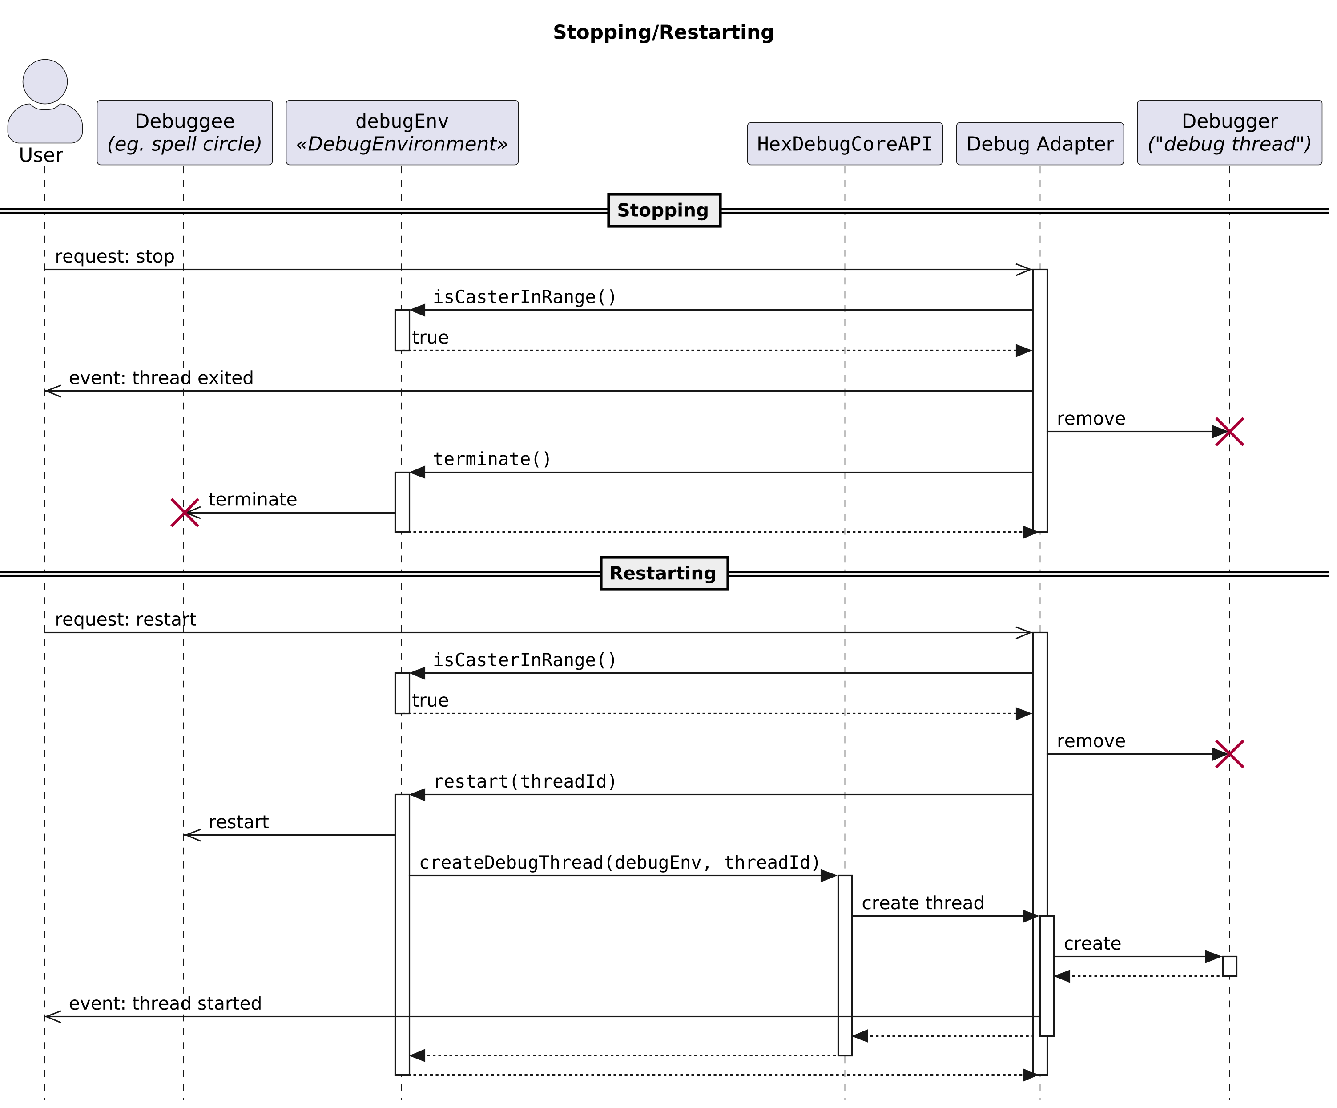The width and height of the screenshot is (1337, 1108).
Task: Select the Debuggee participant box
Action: pos(185,133)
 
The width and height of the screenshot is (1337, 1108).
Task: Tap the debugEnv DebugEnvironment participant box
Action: pos(402,133)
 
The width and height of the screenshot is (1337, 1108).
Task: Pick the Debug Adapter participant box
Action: pos(1040,144)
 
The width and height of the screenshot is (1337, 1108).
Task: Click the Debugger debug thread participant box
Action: pos(1229,133)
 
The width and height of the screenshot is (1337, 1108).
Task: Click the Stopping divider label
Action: pos(664,210)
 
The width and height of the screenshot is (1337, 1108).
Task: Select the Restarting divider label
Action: pos(664,573)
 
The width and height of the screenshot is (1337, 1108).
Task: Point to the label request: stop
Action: pos(115,257)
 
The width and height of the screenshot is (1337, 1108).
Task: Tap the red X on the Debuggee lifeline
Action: pos(185,513)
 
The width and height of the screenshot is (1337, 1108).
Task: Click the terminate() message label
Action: pos(491,459)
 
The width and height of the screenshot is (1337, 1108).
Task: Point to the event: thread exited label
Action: pos(161,378)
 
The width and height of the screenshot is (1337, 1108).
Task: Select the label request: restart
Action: pos(125,619)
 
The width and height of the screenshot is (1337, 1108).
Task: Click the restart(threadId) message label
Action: pos(524,782)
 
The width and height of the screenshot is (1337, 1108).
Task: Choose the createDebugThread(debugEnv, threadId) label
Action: pos(619,863)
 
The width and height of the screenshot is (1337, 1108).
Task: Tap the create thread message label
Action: pos(922,903)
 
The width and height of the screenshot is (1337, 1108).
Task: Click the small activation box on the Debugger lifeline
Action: pos(1229,966)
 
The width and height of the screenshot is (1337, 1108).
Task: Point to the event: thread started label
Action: pos(165,1003)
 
